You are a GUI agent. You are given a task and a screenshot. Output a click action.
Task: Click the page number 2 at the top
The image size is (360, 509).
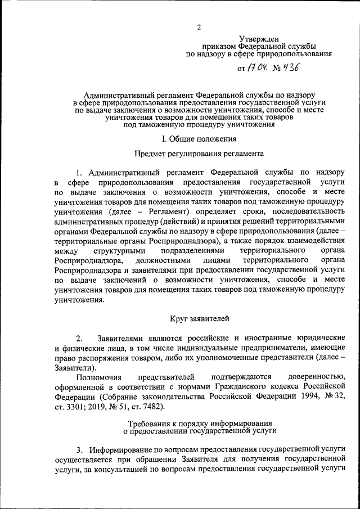(199, 28)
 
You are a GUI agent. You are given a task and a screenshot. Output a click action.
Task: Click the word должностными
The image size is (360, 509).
(168, 261)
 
